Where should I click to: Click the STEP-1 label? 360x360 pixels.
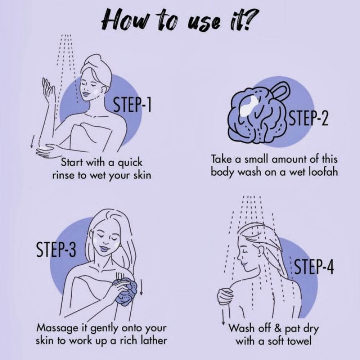point(133,104)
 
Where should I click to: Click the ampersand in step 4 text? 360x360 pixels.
point(278,328)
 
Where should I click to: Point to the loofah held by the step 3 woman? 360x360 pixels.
point(126,292)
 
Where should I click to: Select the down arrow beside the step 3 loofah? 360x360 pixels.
point(141,287)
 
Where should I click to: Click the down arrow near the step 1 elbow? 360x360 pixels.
point(32,141)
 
